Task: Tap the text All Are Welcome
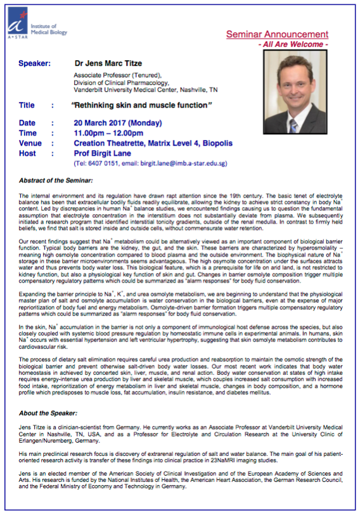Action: [x=293, y=45]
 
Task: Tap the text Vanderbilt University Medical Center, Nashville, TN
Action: [x=157, y=90]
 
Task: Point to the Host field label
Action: [x=28, y=153]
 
